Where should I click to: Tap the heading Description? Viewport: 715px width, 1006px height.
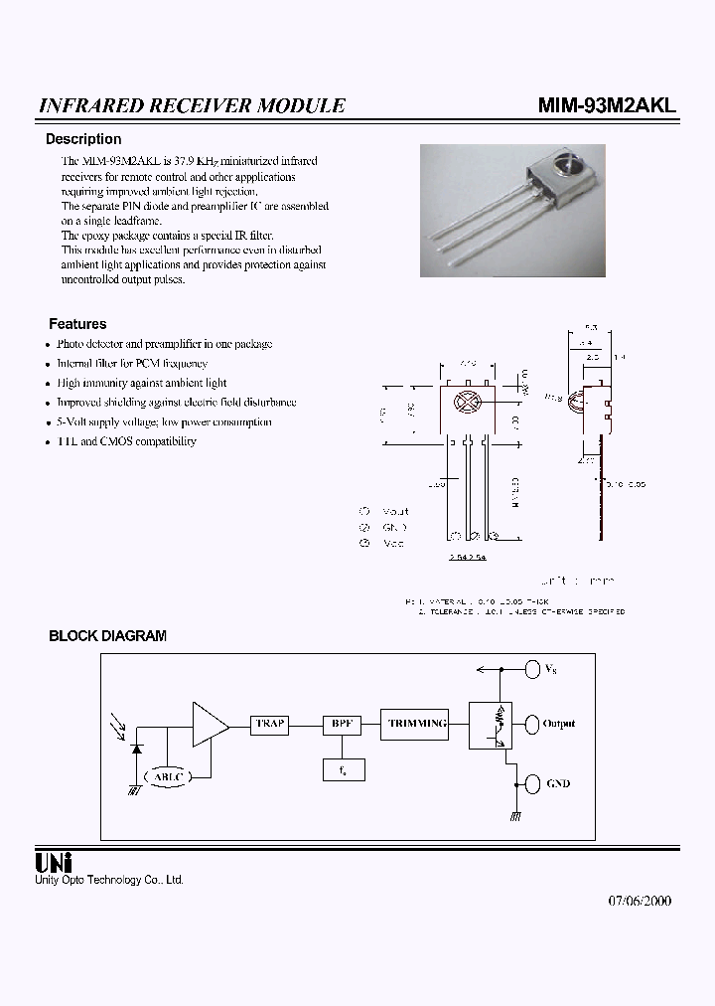click(83, 139)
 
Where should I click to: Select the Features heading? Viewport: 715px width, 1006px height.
click(77, 324)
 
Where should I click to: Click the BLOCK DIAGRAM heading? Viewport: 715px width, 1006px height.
click(107, 636)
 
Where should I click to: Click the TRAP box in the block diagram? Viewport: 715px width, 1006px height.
click(269, 725)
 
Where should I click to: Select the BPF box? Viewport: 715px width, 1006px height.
click(342, 725)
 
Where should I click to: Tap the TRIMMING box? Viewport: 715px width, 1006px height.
click(416, 724)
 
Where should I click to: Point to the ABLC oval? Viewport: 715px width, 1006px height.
click(170, 775)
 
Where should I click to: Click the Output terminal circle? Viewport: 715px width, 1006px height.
click(531, 724)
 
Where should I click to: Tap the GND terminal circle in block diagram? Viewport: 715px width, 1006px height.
click(531, 783)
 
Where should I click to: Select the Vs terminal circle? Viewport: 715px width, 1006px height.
click(531, 669)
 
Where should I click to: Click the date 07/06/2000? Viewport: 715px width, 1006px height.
click(640, 901)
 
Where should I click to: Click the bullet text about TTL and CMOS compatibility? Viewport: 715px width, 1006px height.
click(126, 441)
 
